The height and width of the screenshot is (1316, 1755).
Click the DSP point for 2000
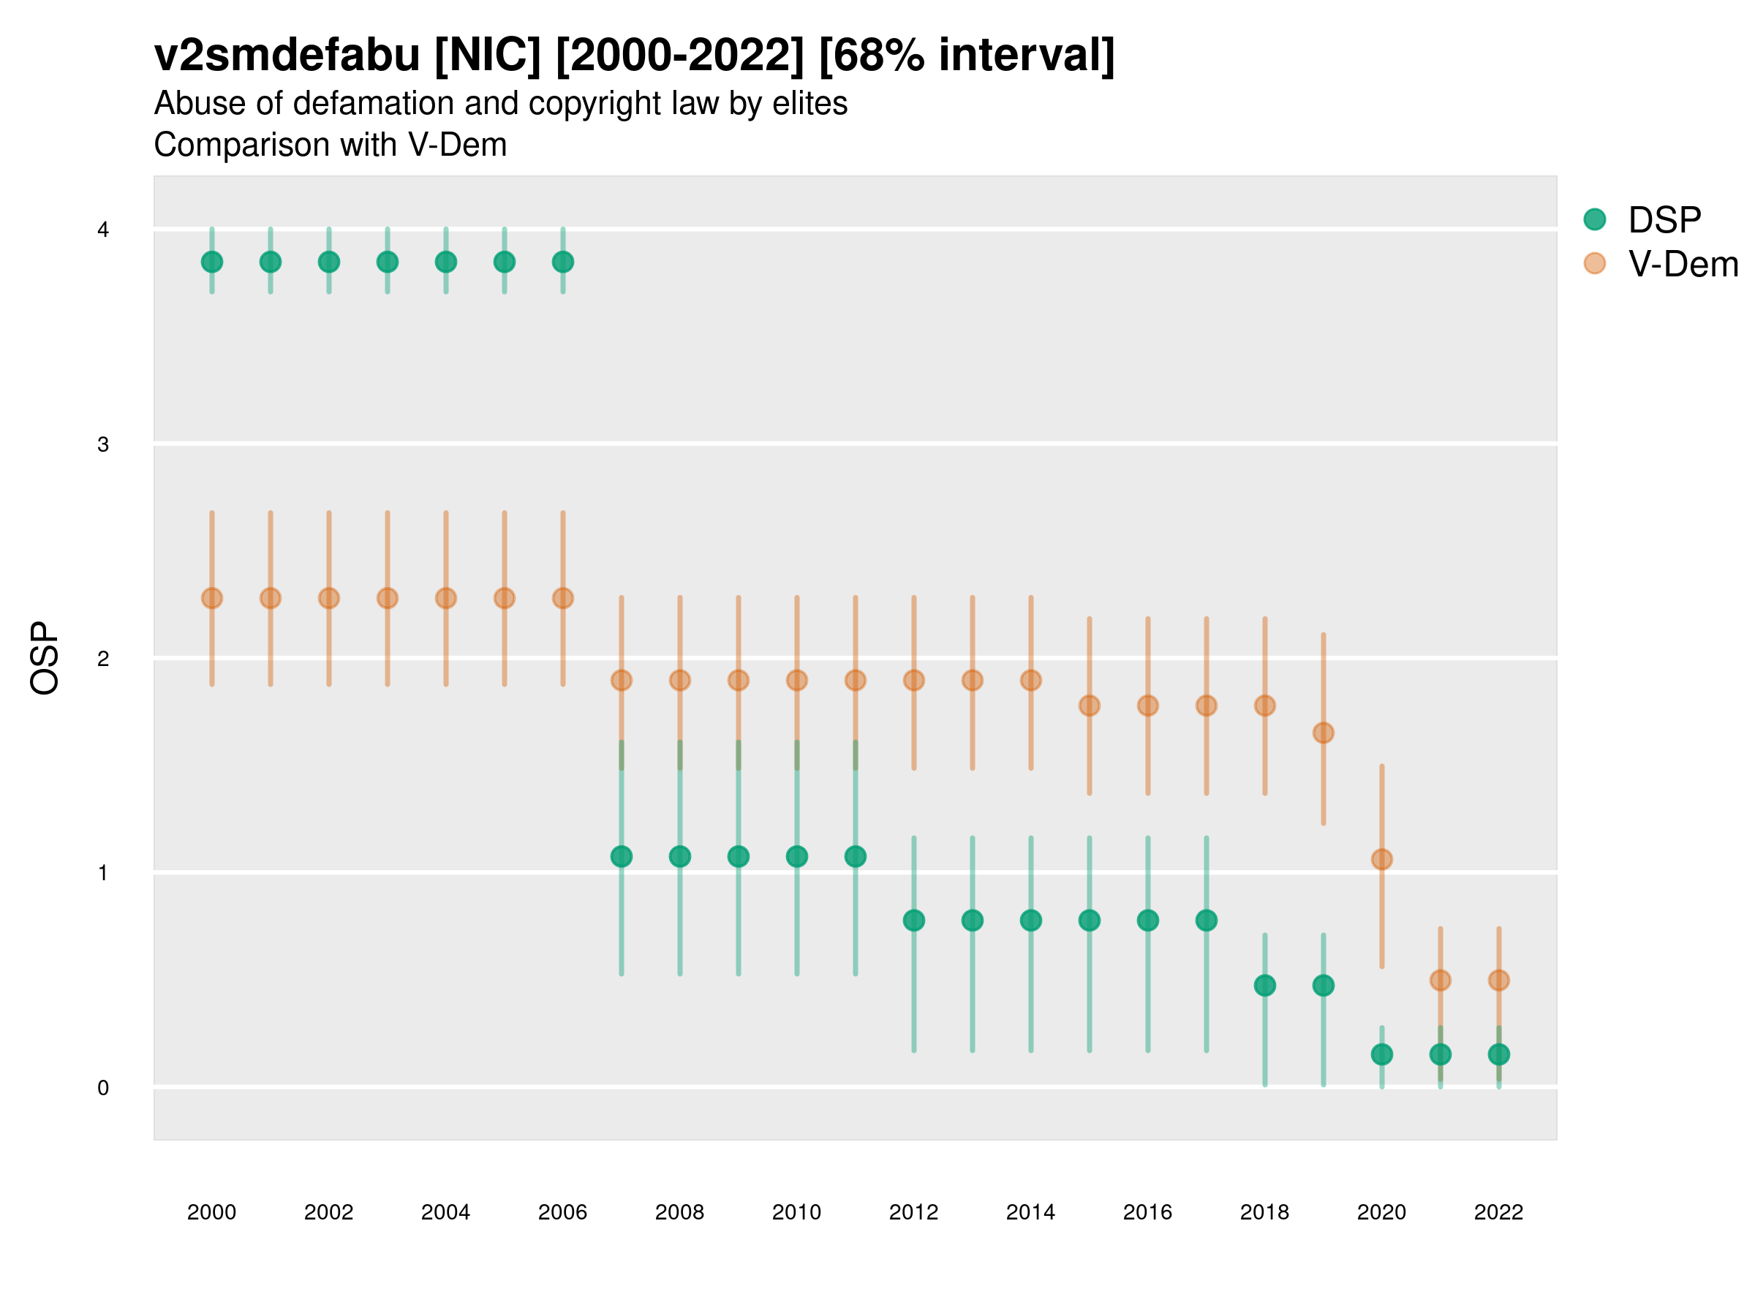coord(212,262)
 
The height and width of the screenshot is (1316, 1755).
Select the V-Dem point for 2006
coord(562,598)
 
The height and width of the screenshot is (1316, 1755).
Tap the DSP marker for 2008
coord(680,857)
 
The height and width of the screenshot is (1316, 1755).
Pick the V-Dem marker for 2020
coord(1381,859)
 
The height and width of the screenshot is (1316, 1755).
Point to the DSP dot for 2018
coord(1264,986)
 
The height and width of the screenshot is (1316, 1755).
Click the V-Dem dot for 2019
coord(1324,733)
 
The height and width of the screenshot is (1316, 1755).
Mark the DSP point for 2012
coord(914,920)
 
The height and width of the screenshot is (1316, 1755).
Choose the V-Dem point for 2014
coord(1030,680)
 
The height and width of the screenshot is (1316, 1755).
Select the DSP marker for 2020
coord(1381,1054)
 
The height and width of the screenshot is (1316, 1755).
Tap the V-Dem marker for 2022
coord(1499,980)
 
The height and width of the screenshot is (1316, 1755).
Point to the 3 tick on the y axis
coord(103,445)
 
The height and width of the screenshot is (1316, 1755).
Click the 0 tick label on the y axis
coord(103,1088)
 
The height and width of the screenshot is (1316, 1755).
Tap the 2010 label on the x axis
coord(796,1212)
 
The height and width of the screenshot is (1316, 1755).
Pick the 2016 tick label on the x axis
coord(1147,1212)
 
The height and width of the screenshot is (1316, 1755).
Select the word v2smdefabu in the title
coord(287,56)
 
